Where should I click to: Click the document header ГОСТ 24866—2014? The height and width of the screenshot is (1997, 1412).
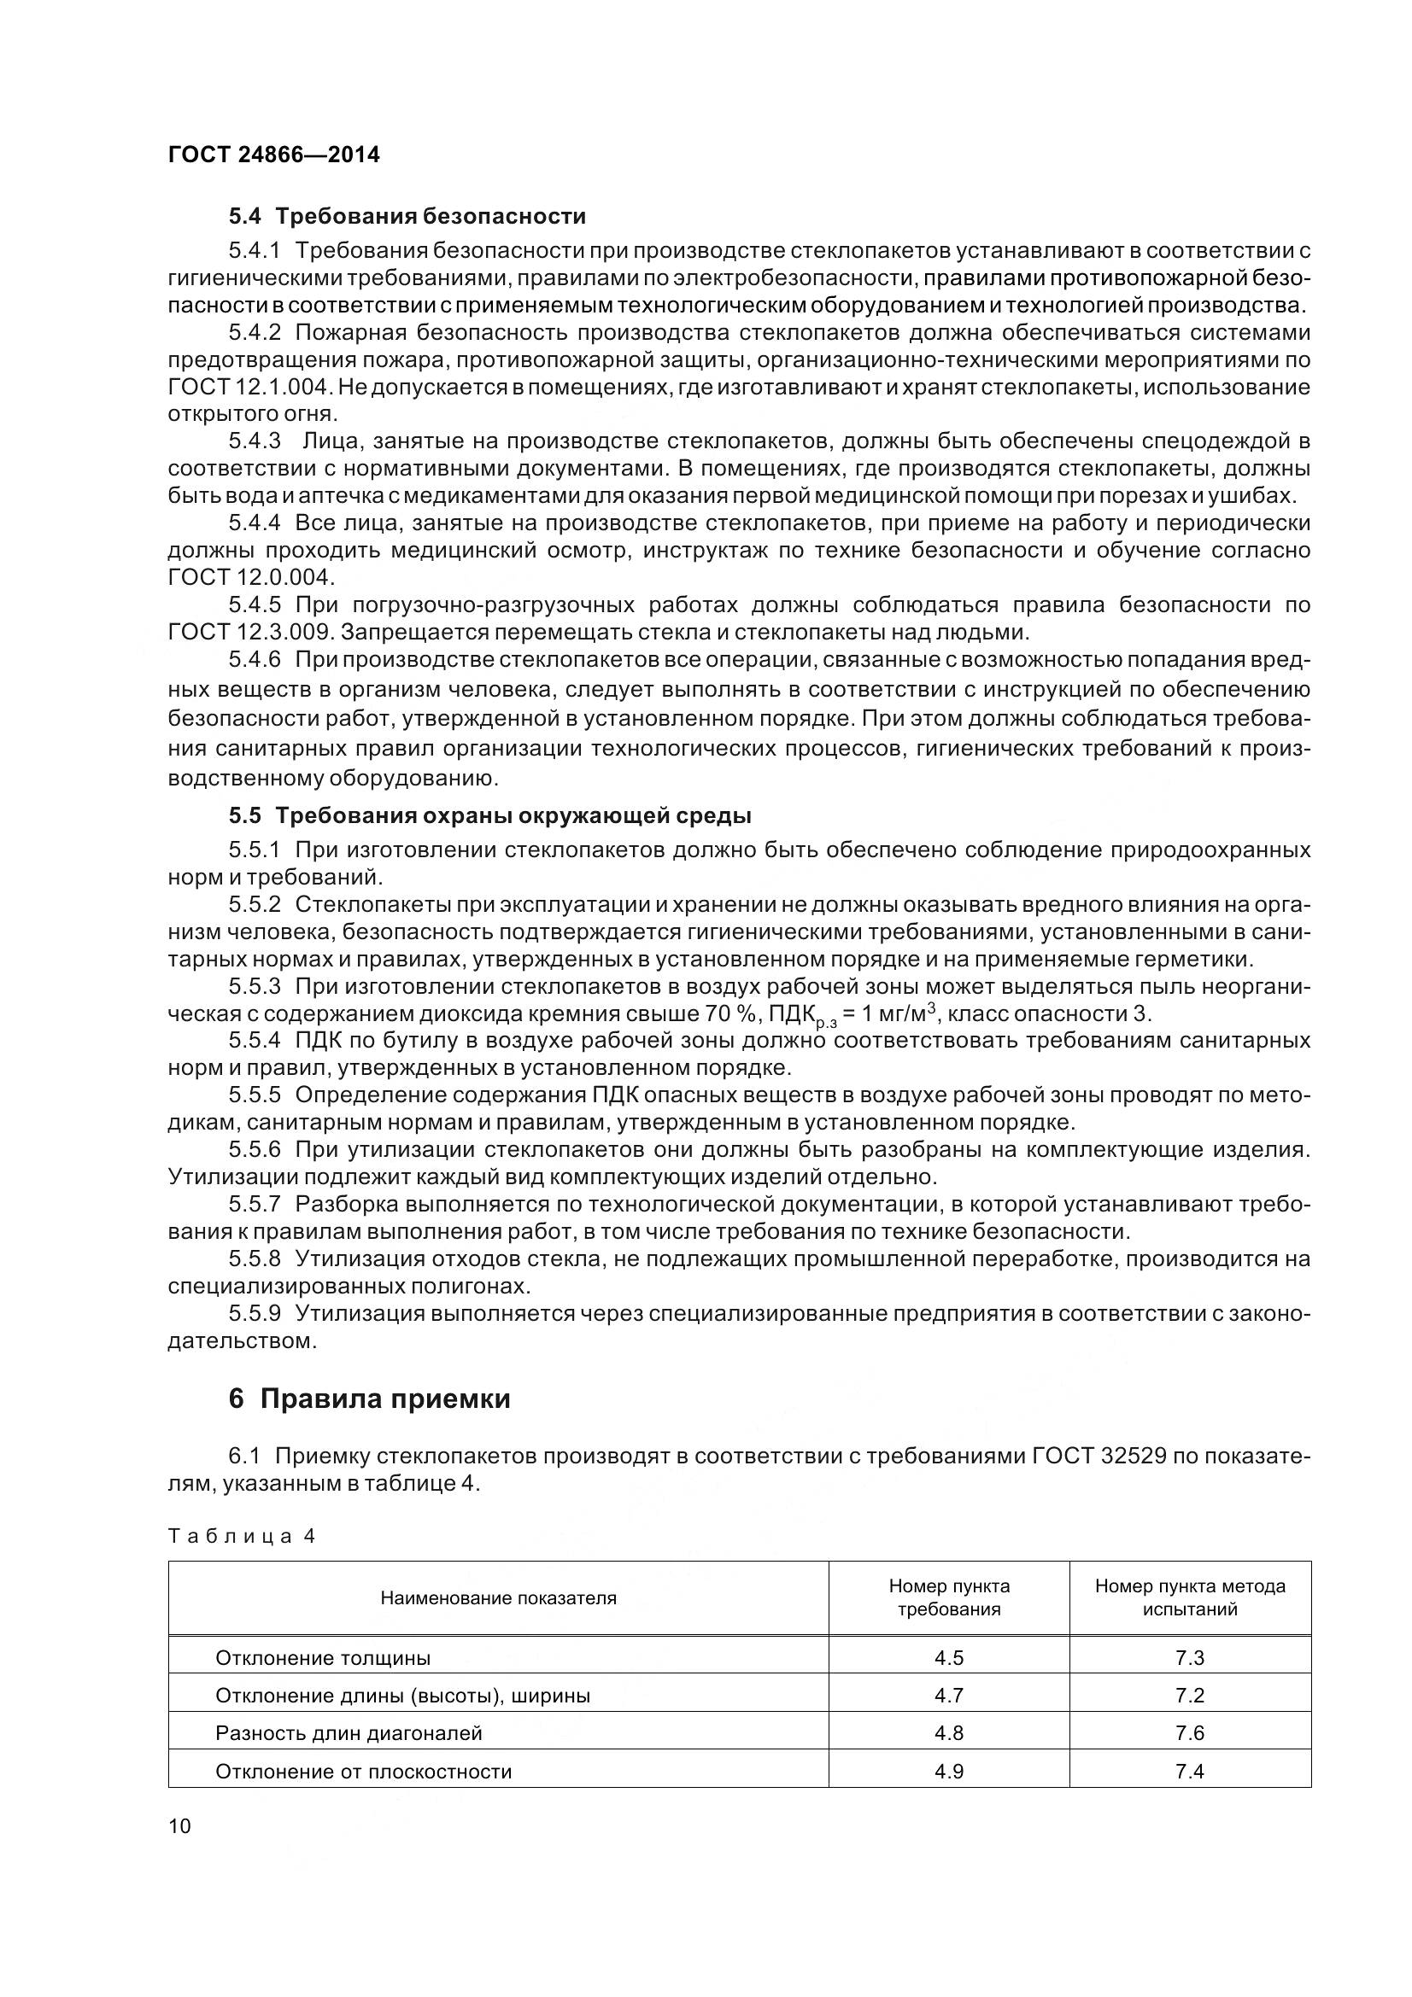coord(274,155)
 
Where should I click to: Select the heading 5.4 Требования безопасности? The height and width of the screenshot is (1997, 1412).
coord(407,216)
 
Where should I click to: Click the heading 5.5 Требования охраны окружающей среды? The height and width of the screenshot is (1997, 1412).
coord(489,816)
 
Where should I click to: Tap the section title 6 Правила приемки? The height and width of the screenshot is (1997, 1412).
coord(370,1398)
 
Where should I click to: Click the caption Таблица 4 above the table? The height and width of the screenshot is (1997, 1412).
coord(241,1536)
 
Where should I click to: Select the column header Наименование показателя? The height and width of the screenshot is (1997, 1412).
coord(498,1597)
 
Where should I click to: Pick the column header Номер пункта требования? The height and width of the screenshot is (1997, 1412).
coord(948,1597)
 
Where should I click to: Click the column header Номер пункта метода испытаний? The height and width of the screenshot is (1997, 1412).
coord(1189,1597)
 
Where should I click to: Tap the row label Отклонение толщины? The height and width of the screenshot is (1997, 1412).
coord(323,1658)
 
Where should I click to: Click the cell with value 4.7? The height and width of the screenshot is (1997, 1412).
coord(948,1696)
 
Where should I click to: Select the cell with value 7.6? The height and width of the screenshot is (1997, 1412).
coord(1189,1733)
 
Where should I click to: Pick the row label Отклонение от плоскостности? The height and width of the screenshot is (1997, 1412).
coord(363,1772)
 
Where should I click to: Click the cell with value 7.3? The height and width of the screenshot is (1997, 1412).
coord(1189,1658)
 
